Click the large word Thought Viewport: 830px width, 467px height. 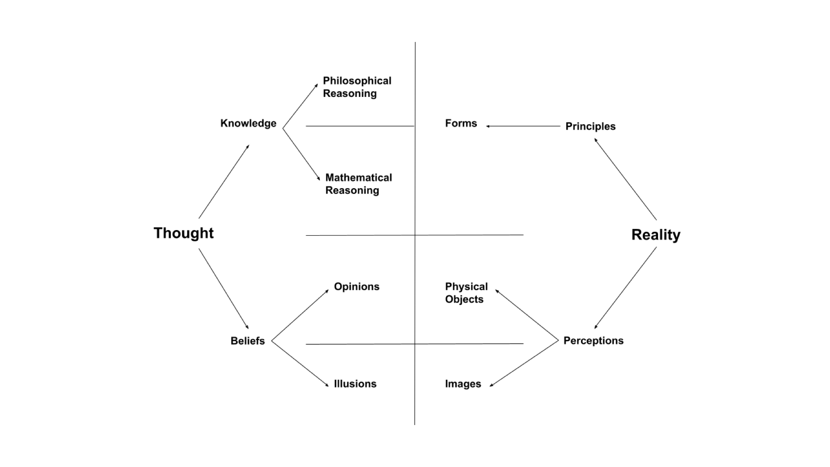tap(183, 233)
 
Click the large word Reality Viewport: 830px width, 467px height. tap(655, 235)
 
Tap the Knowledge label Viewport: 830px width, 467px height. tap(248, 123)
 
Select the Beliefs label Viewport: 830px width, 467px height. tap(247, 341)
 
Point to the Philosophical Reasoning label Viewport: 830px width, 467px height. tap(357, 87)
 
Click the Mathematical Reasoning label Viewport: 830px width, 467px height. tap(358, 184)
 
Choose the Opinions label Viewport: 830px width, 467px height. tap(356, 287)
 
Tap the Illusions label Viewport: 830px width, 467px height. tap(355, 384)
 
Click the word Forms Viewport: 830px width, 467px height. tap(461, 123)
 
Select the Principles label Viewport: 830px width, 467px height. tap(590, 126)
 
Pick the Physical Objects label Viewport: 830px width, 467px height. tap(466, 293)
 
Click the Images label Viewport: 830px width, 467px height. tap(463, 384)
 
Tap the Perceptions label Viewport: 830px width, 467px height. tap(593, 341)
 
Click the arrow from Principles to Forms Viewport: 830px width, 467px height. tap(523, 126)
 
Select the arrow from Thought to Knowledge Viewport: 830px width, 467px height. tap(224, 182)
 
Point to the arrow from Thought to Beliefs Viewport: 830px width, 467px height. tap(223, 289)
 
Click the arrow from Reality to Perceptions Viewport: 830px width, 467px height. tap(626, 288)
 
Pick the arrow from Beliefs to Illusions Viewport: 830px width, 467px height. tap(300, 363)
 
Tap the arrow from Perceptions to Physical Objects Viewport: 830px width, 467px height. tap(527, 315)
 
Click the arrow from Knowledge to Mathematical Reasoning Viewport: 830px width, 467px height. tap(301, 154)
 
